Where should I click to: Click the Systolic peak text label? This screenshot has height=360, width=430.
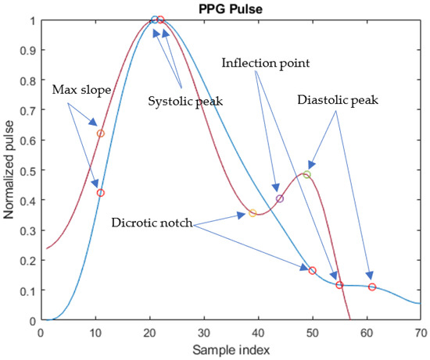(x=181, y=101)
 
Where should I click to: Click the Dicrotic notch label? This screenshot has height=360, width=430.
(x=153, y=223)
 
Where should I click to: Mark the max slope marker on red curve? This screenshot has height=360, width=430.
(x=100, y=134)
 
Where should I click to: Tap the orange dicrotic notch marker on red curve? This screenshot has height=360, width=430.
(x=253, y=212)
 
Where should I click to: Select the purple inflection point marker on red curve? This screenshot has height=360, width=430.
(x=280, y=198)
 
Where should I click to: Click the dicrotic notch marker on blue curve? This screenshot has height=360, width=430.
(x=313, y=270)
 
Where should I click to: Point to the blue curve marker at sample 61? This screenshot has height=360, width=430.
(x=372, y=287)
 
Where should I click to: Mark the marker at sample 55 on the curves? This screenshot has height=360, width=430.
(x=339, y=285)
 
